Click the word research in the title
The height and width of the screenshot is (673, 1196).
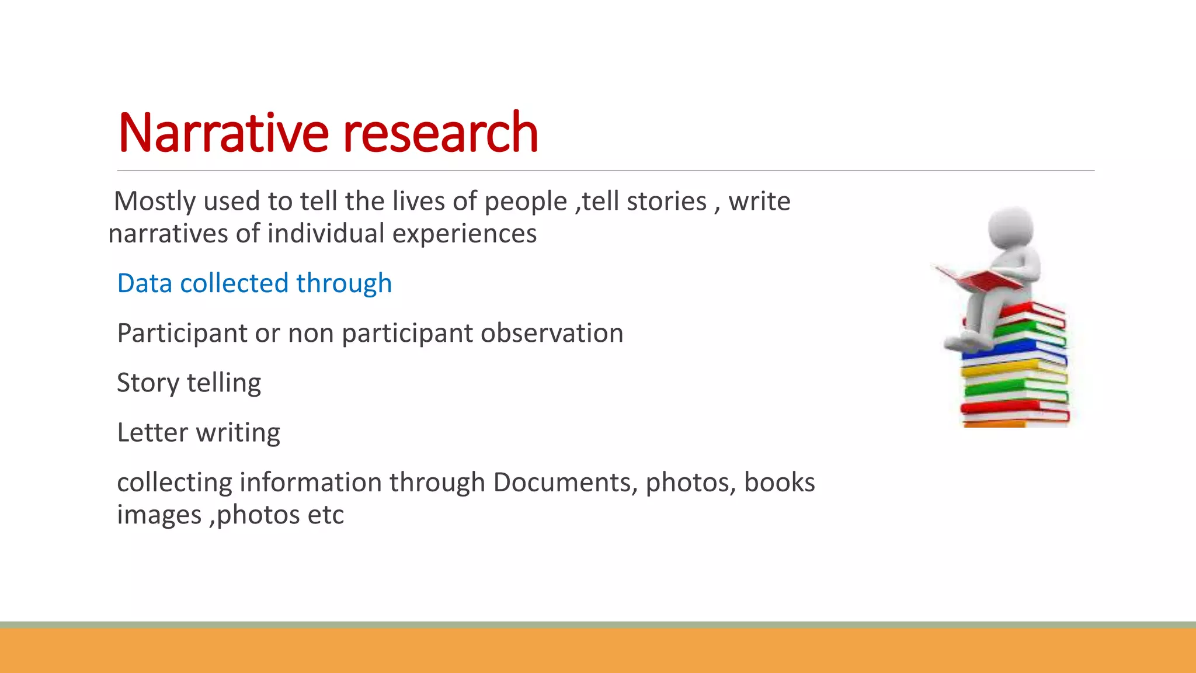440,133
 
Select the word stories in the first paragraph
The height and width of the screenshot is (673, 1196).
666,202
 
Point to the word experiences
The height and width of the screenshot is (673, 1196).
464,234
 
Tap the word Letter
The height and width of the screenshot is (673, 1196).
152,433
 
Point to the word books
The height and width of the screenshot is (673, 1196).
779,483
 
